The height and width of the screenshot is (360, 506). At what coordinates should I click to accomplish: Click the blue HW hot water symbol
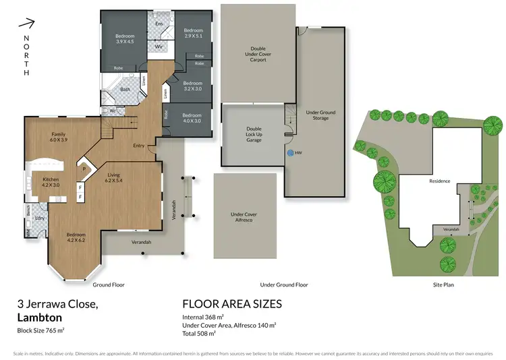click(290, 153)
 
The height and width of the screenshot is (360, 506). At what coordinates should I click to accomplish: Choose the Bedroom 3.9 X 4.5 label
click(125, 38)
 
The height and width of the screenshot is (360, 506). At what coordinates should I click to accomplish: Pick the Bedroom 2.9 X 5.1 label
click(193, 32)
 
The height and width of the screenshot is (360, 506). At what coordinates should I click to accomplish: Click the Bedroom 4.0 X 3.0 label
click(192, 117)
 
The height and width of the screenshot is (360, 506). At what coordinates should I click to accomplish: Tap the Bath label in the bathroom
click(125, 89)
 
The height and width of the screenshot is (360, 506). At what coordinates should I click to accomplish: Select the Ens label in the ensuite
click(159, 24)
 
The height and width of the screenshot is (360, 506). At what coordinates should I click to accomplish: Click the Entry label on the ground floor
click(139, 146)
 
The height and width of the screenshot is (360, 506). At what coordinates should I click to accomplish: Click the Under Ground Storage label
click(316, 115)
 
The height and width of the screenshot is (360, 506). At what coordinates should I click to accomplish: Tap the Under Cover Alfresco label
click(244, 217)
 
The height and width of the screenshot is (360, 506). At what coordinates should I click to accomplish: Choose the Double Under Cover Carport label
click(258, 54)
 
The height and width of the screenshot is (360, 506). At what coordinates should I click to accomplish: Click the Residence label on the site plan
click(439, 181)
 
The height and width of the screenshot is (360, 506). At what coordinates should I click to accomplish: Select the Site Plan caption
click(446, 285)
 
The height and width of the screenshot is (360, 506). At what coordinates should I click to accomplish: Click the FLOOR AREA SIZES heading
click(232, 304)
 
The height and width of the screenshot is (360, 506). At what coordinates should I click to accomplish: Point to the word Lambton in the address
click(40, 316)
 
